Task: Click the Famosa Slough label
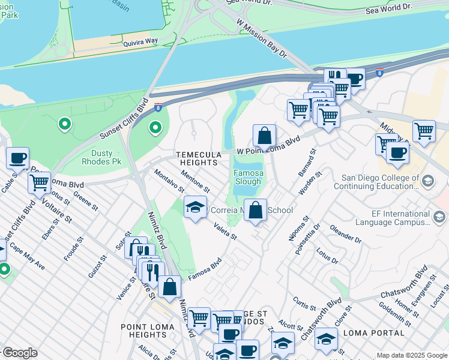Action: click(x=247, y=176)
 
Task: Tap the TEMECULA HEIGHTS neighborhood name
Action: click(x=196, y=158)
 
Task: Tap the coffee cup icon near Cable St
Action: click(x=17, y=158)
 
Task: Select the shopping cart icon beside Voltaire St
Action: click(x=40, y=182)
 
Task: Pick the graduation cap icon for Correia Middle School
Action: click(x=194, y=208)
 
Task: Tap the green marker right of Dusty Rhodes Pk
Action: click(x=155, y=128)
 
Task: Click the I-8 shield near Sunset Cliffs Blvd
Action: click(x=157, y=107)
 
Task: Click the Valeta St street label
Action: click(x=226, y=232)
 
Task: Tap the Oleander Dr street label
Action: click(x=345, y=234)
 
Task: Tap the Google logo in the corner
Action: click(x=20, y=353)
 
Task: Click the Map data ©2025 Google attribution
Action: click(x=411, y=355)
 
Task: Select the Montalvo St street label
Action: click(x=168, y=180)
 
